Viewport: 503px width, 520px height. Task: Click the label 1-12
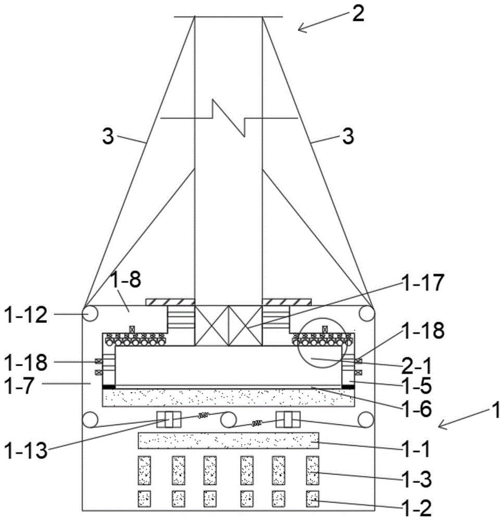26,315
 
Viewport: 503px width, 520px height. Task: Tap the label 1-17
422,282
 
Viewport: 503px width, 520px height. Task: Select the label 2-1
417,366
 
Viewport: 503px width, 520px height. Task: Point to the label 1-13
26,450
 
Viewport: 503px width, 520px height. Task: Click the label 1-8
125,280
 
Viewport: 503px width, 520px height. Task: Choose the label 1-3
417,479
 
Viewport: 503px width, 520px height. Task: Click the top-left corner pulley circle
90,314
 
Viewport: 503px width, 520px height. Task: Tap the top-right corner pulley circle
367,314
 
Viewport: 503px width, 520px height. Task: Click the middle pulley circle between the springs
229,420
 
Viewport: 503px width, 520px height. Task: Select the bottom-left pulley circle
90,420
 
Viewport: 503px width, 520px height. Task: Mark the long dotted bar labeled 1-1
229,440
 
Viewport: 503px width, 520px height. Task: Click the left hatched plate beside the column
170,302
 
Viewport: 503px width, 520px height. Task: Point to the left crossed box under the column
211,326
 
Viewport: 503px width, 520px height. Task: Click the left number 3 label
108,136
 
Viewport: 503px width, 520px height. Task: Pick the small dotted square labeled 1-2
312,499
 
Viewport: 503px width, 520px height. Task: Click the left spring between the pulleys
203,415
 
